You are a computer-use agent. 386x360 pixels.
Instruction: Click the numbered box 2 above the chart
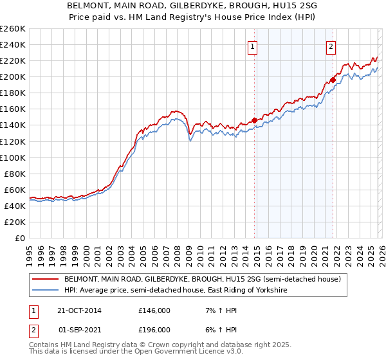331,46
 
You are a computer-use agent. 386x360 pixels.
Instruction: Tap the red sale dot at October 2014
255,120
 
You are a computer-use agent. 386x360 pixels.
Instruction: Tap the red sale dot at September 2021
333,80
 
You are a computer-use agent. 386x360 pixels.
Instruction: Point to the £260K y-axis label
12,29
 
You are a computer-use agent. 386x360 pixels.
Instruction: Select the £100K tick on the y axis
12,157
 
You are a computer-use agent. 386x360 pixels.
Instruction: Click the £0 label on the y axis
19,238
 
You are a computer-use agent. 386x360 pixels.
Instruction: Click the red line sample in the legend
46,280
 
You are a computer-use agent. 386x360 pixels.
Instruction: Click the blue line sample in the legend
46,291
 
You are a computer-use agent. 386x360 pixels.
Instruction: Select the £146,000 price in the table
154,310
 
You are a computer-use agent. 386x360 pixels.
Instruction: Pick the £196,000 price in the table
154,329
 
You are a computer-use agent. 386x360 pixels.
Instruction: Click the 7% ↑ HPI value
220,310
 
